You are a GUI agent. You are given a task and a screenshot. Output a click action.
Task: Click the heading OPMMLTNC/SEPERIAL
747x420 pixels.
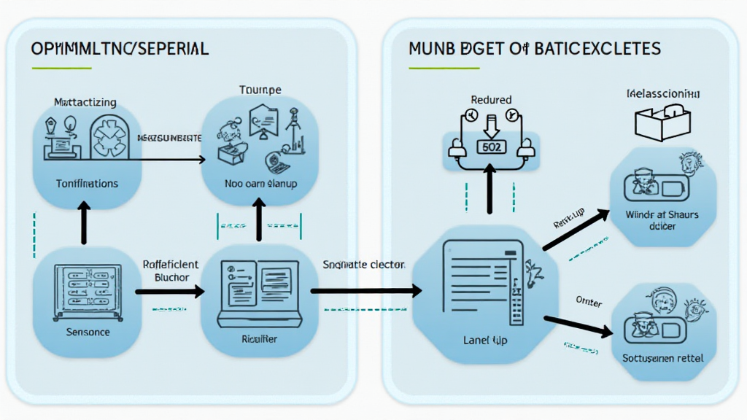pos(120,49)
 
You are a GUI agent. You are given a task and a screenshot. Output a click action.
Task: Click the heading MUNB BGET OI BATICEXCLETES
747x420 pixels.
pos(535,49)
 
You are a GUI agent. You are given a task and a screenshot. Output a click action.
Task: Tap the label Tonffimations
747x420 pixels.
pos(87,184)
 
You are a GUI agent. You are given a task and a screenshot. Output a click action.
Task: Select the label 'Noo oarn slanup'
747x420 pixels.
pos(260,184)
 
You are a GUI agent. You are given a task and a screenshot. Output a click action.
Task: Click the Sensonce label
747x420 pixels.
pos(88,332)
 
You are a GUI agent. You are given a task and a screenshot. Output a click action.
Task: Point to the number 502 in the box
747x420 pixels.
pos(491,146)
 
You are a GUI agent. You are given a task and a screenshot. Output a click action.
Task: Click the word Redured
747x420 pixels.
pos(491,99)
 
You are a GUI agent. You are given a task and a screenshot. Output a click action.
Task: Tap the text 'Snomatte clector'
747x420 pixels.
pos(363,265)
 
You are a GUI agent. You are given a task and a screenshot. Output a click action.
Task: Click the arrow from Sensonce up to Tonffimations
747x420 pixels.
pos(84,223)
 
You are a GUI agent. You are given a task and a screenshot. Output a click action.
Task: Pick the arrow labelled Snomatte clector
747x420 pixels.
pos(365,291)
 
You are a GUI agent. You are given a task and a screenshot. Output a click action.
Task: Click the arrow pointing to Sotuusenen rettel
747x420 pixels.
pos(578,326)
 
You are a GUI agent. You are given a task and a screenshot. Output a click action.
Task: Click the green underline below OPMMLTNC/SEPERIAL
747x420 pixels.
pos(62,69)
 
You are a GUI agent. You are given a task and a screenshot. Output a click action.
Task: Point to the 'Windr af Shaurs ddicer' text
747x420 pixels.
pos(662,220)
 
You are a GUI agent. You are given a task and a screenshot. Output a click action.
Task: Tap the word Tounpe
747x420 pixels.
pos(260,90)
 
